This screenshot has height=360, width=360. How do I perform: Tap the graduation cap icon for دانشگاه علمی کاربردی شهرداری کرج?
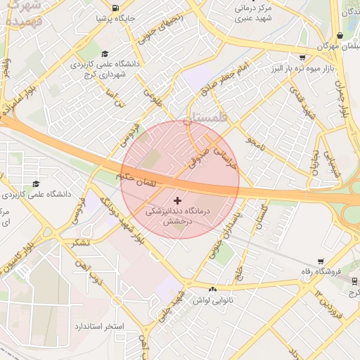tap(105, 53)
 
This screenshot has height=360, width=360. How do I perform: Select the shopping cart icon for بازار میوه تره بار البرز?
tap(302, 58)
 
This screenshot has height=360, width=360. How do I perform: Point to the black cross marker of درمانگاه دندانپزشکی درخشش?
tap(176, 200)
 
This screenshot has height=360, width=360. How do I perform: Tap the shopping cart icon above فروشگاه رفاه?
tap(321, 262)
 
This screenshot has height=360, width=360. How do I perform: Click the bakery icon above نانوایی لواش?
tap(213, 288)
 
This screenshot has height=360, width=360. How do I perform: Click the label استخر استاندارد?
tap(98, 328)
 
